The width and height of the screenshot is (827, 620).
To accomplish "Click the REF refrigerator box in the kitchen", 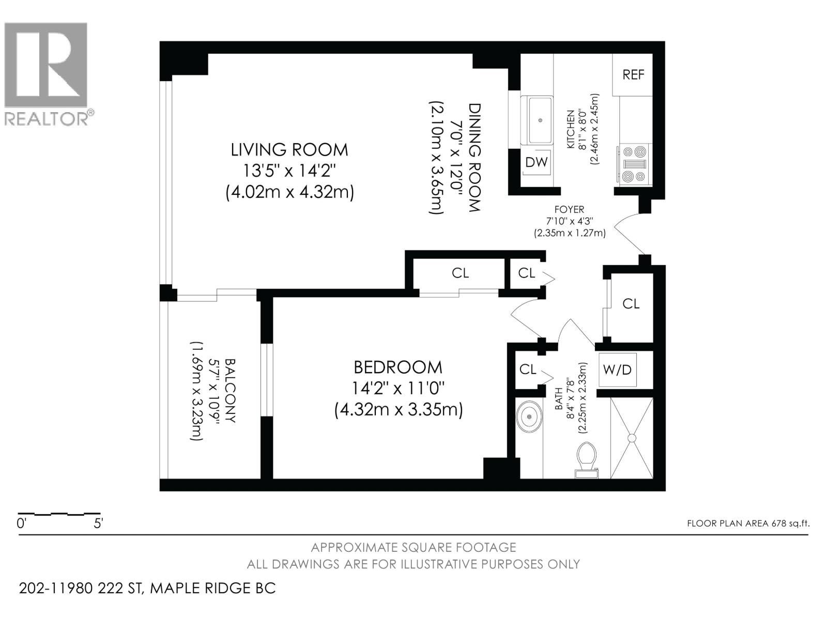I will [633, 74].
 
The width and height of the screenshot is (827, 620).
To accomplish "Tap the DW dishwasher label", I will [537, 162].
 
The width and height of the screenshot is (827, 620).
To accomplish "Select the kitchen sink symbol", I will [540, 120].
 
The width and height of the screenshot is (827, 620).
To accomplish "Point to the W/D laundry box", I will [618, 370].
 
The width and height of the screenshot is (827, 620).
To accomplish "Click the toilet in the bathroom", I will [586, 460].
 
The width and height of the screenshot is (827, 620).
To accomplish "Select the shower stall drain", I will [632, 438].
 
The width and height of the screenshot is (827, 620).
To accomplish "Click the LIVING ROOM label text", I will [289, 150].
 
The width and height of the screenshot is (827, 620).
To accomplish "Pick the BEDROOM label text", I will [398, 367].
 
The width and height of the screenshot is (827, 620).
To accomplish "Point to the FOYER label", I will [569, 209].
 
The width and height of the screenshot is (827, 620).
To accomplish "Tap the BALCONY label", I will [231, 391].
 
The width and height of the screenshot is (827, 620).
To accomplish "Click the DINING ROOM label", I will [474, 158].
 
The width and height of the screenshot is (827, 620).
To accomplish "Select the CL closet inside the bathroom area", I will [528, 369].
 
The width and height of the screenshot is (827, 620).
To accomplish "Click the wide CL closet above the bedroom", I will [460, 272].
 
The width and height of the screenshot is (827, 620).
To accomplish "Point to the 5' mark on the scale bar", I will [98, 523].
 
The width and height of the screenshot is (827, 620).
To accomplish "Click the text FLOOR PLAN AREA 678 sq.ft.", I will [748, 523].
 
